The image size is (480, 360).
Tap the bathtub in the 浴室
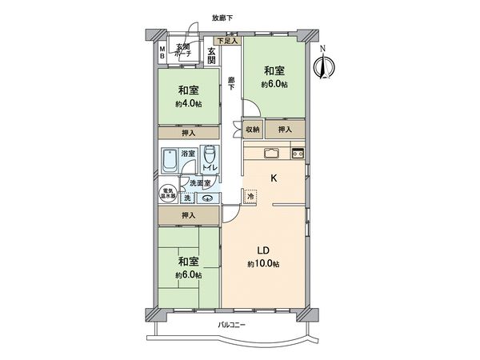170,160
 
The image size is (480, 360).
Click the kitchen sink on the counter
269,153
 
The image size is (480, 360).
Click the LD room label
262,248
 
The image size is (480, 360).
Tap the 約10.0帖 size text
262,263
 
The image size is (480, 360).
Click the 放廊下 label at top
222,17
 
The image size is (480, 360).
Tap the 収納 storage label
252,130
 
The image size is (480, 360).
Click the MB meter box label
162,52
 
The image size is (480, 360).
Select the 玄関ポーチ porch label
182,50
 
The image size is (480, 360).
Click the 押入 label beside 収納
285,130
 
